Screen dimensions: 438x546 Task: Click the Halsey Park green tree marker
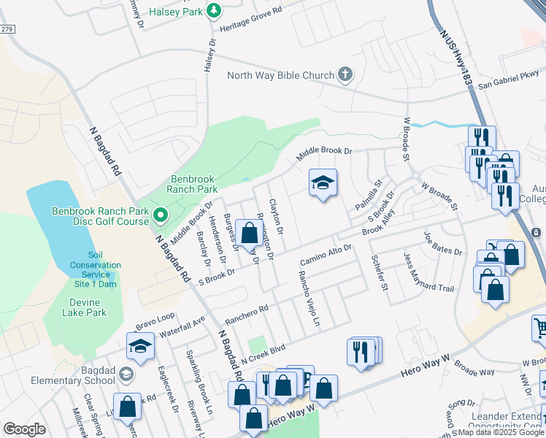coord(213,11)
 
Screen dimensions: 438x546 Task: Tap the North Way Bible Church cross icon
coord(345,74)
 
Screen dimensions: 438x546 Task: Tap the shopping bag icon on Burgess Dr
coord(249,234)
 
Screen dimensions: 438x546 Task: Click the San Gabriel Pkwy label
coord(508,80)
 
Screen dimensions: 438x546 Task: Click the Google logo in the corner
coord(25,429)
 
